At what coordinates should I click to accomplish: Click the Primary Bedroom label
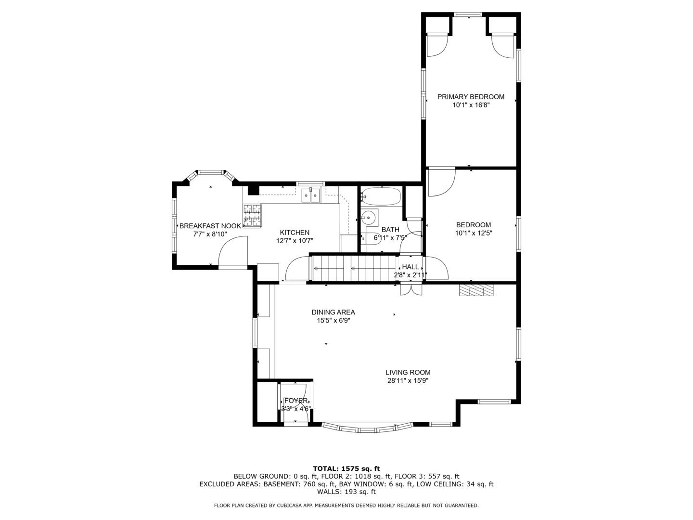tap(471, 97)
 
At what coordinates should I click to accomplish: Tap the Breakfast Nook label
tap(210, 226)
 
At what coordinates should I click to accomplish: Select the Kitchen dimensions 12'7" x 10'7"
tap(295, 241)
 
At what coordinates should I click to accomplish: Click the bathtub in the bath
tap(381, 196)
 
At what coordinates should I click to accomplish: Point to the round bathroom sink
tap(369, 217)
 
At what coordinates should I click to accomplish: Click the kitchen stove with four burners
tap(252, 215)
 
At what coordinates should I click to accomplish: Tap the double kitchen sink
tap(311, 195)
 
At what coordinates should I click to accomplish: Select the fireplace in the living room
tap(476, 290)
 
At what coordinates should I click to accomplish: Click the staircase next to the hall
tap(354, 268)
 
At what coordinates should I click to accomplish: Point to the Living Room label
tap(408, 372)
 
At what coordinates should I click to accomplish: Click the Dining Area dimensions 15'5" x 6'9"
tap(333, 320)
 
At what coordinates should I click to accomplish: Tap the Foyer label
tap(295, 401)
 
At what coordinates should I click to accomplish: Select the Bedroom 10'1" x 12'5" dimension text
tap(474, 233)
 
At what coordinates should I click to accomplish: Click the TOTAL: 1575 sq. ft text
tap(346, 468)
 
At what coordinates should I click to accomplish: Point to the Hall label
tap(410, 267)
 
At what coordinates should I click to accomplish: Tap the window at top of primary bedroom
tap(468, 15)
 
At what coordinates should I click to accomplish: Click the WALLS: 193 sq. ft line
tap(346, 492)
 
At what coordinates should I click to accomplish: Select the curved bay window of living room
tap(367, 428)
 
